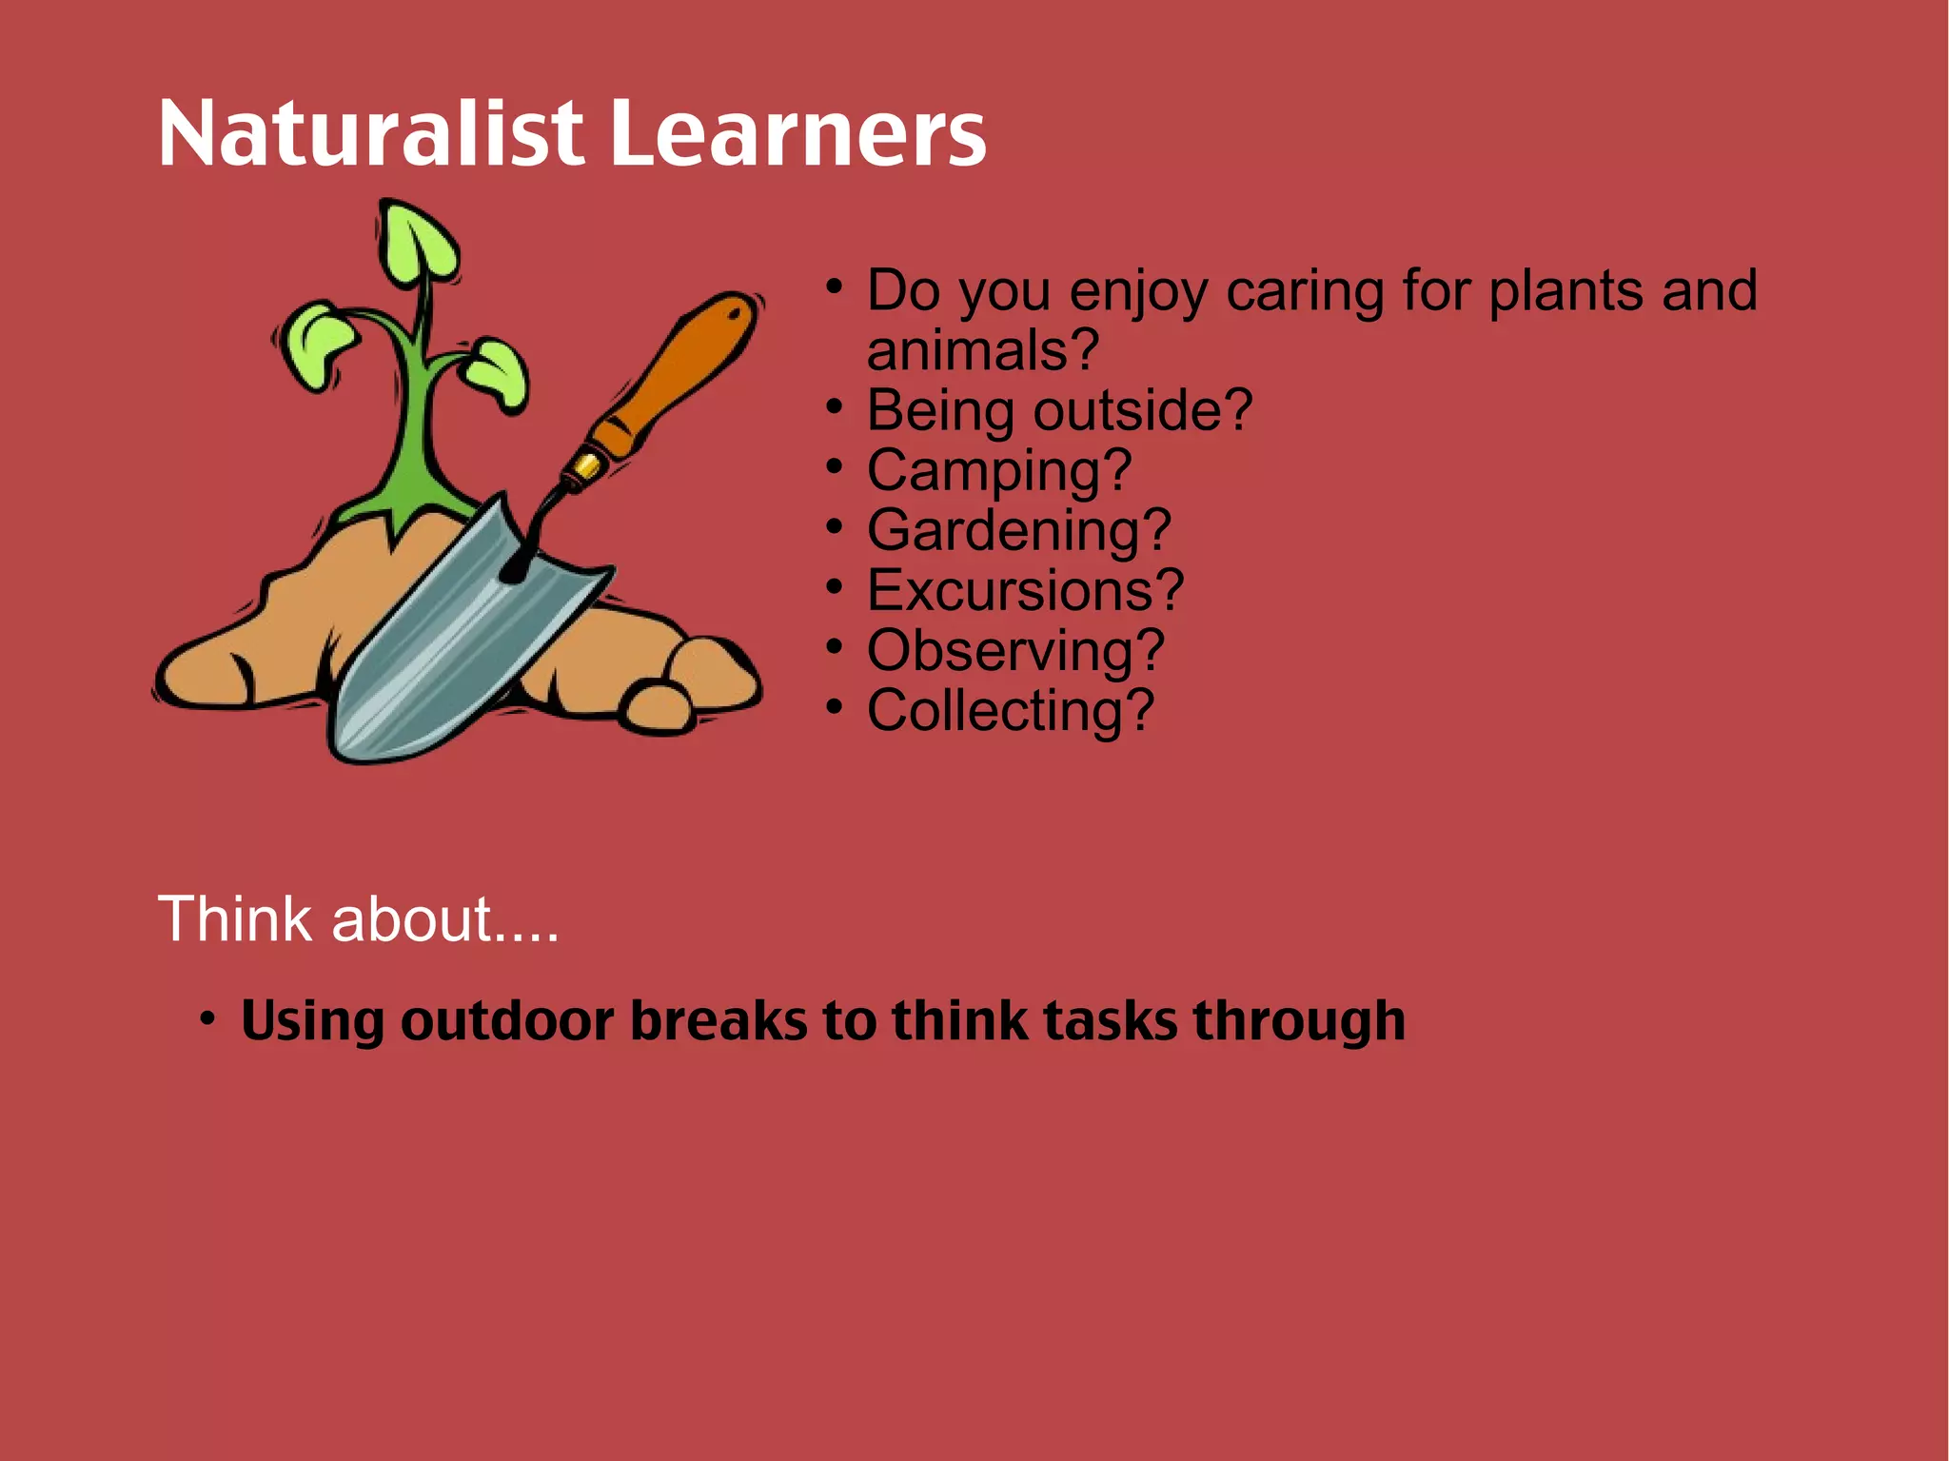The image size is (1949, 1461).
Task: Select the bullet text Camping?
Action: click(998, 470)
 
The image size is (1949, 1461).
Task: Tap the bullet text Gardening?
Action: click(1018, 530)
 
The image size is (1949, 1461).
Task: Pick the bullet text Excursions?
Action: click(1025, 590)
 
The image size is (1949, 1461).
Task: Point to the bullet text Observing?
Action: click(1015, 650)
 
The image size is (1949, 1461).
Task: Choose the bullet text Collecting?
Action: click(1010, 710)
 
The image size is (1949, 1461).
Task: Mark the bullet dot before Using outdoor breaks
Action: click(207, 1017)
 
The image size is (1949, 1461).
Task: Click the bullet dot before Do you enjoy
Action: click(834, 286)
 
